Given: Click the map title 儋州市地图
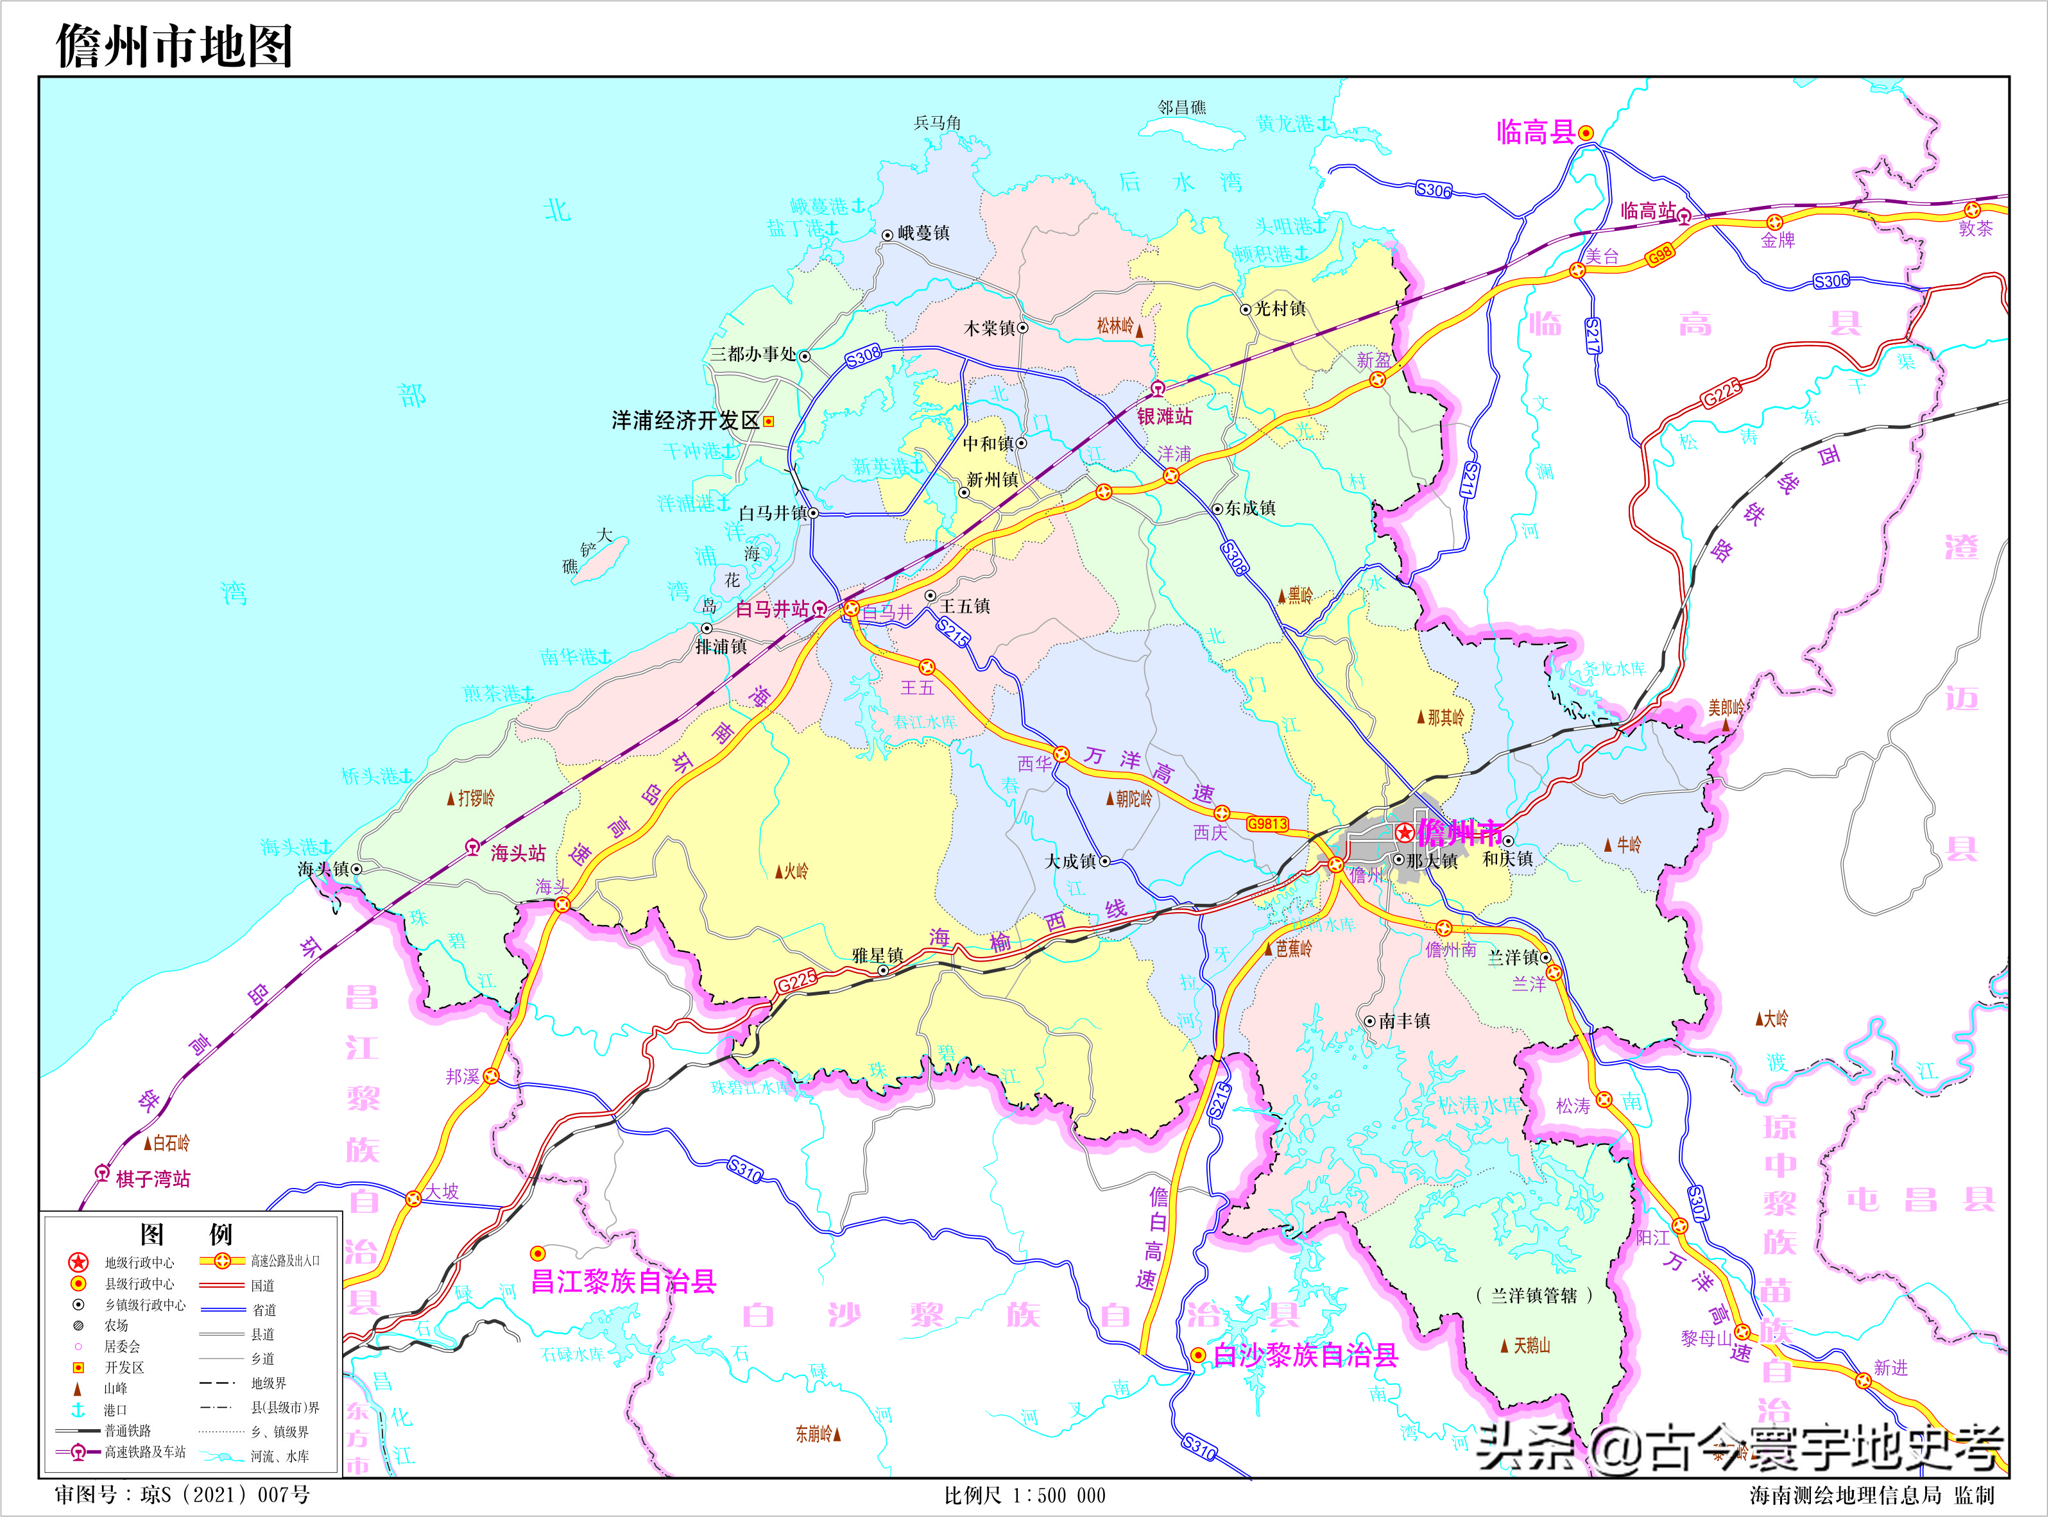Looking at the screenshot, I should coord(175,46).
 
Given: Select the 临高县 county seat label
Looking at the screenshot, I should coord(1536,133).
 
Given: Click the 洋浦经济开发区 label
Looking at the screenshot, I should coord(685,421).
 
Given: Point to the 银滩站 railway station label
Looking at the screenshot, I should coord(1165,417).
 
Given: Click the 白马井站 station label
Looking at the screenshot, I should coord(773,609).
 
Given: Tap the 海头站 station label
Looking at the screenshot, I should coord(518,854).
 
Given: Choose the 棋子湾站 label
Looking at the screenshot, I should coord(153,1179).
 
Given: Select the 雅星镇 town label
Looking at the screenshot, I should coord(877,956).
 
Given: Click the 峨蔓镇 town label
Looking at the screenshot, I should coord(923,233).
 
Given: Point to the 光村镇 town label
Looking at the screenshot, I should coord(1280,309).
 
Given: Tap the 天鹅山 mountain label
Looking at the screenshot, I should coord(1532,1345).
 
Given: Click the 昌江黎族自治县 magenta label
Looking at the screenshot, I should coord(624,1282).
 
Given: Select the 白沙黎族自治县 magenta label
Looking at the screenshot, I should coord(1305,1355).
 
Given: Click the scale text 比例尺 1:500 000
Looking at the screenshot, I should coord(1025,1496).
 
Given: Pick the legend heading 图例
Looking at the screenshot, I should coord(187,1235).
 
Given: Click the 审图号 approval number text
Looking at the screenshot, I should coord(182,1495).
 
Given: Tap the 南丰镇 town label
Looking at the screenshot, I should coord(1404,1021).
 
